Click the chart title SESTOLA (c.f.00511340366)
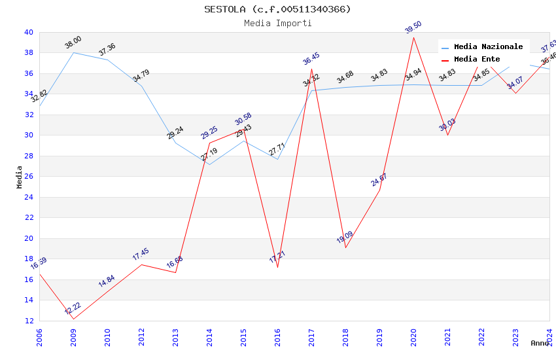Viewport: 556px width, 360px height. click(277, 9)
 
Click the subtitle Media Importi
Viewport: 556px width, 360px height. click(277, 23)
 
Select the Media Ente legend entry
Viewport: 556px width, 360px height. click(477, 60)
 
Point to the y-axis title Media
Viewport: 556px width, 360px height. click(20, 177)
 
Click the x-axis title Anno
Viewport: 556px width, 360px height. click(540, 343)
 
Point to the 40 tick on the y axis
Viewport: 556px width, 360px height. click(29, 32)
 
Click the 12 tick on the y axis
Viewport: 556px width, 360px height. click(29, 321)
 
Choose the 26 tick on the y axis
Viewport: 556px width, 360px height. click(29, 177)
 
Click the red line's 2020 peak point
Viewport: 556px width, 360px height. click(413, 37)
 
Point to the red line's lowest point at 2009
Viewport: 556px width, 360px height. click(73, 319)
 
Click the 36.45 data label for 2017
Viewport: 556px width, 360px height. click(311, 59)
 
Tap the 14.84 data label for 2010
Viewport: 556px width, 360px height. click(107, 281)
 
